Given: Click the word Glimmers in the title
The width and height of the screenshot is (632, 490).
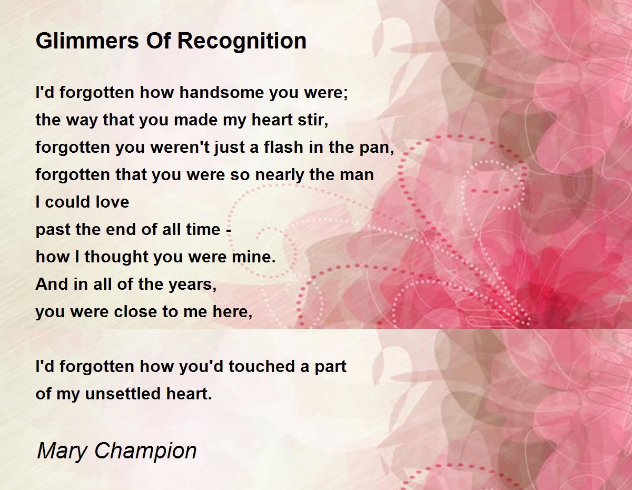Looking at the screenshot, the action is (x=87, y=41).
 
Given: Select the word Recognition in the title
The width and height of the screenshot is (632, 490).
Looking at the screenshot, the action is (x=242, y=42).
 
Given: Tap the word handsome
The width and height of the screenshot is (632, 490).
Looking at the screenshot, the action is (x=222, y=93).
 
